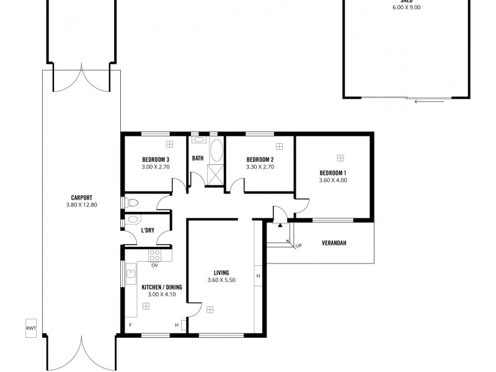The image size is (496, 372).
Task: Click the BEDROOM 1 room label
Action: pyautogui.click(x=333, y=172)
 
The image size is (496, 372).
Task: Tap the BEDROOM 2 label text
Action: pyautogui.click(x=260, y=159)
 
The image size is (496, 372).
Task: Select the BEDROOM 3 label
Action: pyautogui.click(x=156, y=159)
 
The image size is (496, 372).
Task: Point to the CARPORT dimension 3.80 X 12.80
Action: pyautogui.click(x=81, y=205)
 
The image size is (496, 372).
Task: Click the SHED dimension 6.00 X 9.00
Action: pyautogui.click(x=407, y=7)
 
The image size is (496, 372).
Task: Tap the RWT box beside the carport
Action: pyautogui.click(x=31, y=329)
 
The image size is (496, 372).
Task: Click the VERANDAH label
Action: pyautogui.click(x=334, y=243)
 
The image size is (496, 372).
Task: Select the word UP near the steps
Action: pyautogui.click(x=299, y=246)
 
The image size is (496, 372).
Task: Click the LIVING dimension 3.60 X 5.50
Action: pyautogui.click(x=221, y=280)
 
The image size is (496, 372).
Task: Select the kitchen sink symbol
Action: pyautogui.click(x=131, y=273)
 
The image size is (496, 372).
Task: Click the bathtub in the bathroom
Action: pyautogui.click(x=216, y=151)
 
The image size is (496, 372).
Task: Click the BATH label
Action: pyautogui.click(x=198, y=159)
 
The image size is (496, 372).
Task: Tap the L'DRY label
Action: pyautogui.click(x=148, y=230)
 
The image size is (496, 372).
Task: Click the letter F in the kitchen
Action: pyautogui.click(x=130, y=325)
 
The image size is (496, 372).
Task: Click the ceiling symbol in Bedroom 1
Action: pyautogui.click(x=340, y=157)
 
